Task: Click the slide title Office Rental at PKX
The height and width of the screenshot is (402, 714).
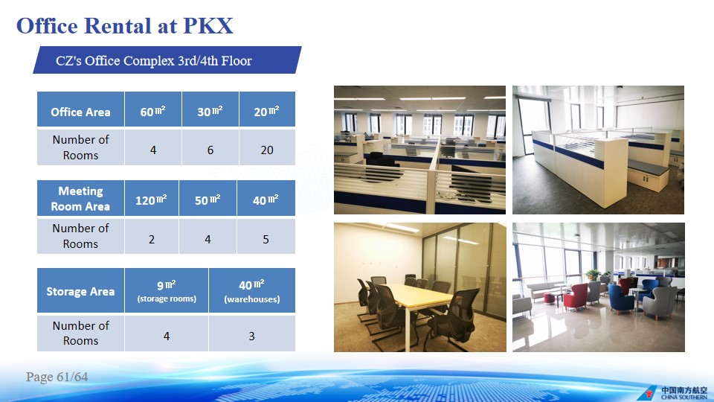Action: pyautogui.click(x=125, y=25)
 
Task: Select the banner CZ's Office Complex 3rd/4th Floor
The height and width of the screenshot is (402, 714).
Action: pyautogui.click(x=167, y=60)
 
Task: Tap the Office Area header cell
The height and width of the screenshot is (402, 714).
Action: pyautogui.click(x=80, y=109)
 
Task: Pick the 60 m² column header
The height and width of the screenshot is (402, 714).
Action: pyautogui.click(x=153, y=109)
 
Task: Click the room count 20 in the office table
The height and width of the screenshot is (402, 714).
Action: pyautogui.click(x=267, y=150)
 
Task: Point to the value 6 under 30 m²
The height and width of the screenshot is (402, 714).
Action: pyautogui.click(x=210, y=150)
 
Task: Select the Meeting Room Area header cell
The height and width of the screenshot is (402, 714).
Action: pyautogui.click(x=80, y=198)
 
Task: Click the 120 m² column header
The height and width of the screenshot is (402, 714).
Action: pyautogui.click(x=152, y=198)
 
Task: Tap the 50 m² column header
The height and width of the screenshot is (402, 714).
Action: pyautogui.click(x=208, y=198)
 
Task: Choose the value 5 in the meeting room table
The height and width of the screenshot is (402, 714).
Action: pyautogui.click(x=266, y=239)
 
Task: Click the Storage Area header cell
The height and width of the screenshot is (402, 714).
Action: pyautogui.click(x=80, y=291)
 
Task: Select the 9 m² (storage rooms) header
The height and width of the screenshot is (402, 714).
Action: pyautogui.click(x=167, y=291)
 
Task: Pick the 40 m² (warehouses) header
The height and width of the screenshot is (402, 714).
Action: pyautogui.click(x=252, y=291)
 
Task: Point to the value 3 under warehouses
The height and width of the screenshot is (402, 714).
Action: pyautogui.click(x=252, y=336)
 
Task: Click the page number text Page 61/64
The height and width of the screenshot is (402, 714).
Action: pyautogui.click(x=57, y=377)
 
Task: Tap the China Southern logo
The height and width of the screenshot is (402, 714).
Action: pyautogui.click(x=673, y=392)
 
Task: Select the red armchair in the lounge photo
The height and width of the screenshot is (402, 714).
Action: pyautogui.click(x=576, y=297)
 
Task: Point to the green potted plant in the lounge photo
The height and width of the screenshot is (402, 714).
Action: pyautogui.click(x=593, y=275)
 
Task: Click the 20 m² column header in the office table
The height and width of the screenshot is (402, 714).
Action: pyautogui.click(x=267, y=109)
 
